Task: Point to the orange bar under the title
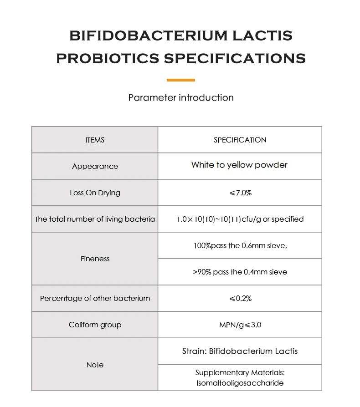click(x=180, y=80)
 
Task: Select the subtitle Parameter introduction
click(x=181, y=97)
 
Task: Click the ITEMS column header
click(x=95, y=140)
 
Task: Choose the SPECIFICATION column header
click(x=240, y=140)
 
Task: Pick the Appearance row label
click(x=95, y=166)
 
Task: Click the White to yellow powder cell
click(x=239, y=165)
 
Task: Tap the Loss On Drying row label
click(x=95, y=193)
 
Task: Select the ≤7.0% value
click(x=240, y=193)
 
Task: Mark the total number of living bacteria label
click(x=95, y=219)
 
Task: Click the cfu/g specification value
click(x=240, y=219)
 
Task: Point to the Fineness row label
click(x=95, y=259)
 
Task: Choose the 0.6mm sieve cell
click(x=240, y=245)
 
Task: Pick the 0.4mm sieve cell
click(x=240, y=272)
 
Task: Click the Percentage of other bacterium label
click(x=95, y=298)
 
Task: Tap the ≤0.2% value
click(x=240, y=298)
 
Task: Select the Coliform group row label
click(x=95, y=325)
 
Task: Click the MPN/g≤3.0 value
click(x=240, y=325)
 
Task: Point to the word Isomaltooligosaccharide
click(x=240, y=383)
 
